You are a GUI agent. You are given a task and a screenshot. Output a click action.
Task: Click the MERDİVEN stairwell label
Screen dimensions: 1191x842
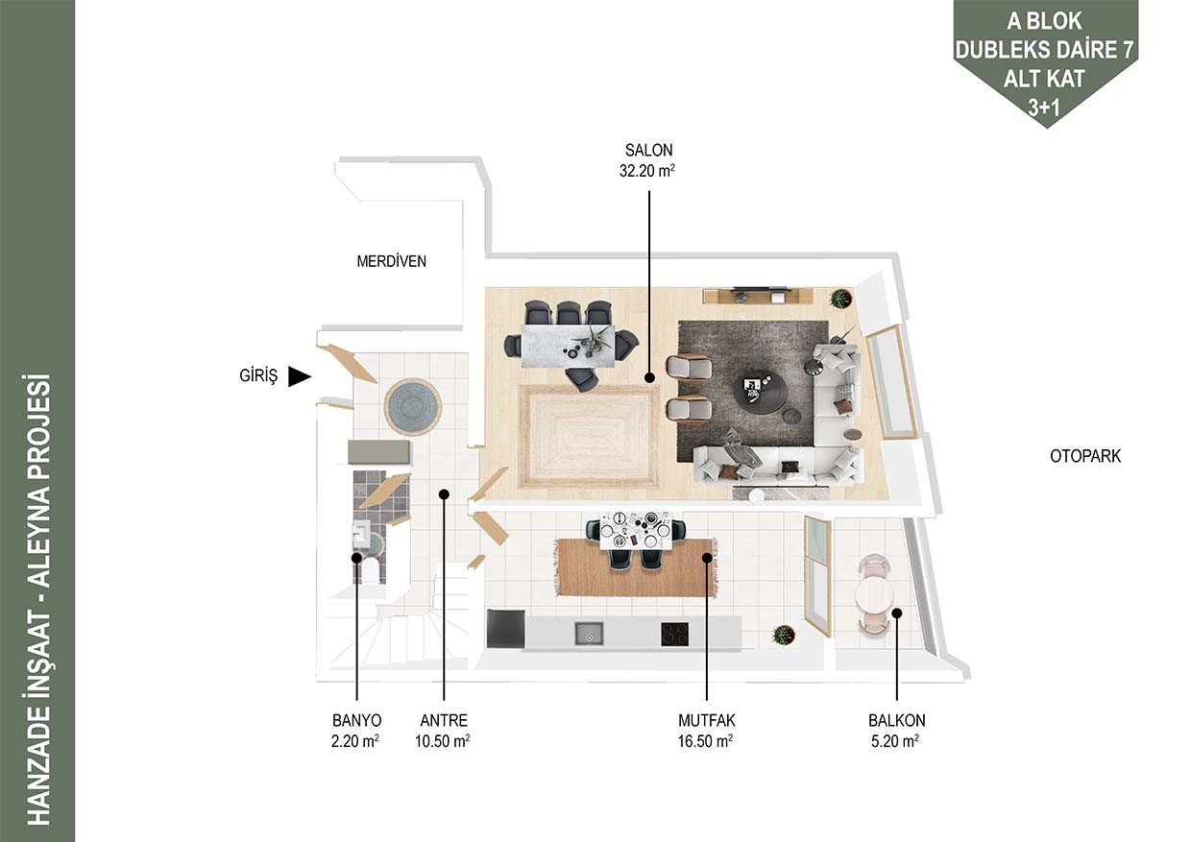[391, 261]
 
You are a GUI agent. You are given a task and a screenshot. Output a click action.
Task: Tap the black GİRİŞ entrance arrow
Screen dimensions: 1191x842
[300, 376]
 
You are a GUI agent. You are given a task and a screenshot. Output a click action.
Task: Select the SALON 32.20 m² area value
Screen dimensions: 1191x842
[647, 171]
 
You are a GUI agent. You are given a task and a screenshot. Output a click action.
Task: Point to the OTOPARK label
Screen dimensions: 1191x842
[1085, 456]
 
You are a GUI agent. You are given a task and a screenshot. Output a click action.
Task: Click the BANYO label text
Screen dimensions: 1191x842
[356, 720]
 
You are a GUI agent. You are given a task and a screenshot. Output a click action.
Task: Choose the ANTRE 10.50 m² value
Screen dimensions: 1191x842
[443, 741]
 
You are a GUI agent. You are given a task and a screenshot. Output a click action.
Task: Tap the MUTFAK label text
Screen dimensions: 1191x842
[707, 720]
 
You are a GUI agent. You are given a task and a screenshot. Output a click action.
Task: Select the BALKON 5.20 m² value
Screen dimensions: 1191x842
[895, 741]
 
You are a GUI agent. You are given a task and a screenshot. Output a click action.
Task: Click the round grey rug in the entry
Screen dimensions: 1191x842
[413, 407]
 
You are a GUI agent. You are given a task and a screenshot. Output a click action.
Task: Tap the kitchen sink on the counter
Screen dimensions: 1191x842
[589, 635]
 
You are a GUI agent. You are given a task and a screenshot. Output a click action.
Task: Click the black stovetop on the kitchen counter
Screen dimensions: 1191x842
[674, 635]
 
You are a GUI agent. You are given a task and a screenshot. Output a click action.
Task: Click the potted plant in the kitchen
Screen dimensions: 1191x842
[783, 635]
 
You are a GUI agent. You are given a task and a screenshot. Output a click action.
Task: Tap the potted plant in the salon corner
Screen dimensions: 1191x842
[840, 299]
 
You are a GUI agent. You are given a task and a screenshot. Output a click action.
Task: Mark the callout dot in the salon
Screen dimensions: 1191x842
[649, 378]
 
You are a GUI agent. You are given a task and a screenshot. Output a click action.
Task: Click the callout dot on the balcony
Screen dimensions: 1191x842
[896, 613]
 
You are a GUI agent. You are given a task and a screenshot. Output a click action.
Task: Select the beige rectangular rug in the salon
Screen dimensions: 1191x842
[590, 437]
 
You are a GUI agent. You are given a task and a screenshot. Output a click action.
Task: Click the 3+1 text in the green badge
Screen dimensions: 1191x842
[1044, 108]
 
